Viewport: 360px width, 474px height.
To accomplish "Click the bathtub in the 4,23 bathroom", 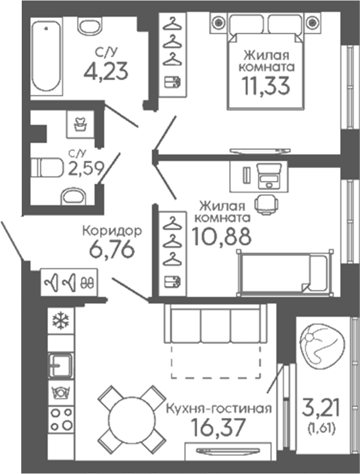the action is coord(47,57).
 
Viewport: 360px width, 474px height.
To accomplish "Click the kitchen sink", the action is coord(61,364).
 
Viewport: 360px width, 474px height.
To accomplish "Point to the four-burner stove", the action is coord(61,419).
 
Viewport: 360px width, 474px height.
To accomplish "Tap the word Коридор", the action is coord(112,231).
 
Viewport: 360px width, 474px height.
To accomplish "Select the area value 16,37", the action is coord(218,427).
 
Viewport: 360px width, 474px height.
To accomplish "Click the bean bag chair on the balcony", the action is coord(321,347).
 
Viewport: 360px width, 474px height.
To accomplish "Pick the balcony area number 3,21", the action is coord(321,407).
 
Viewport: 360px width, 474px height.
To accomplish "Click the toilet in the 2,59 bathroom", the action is coord(47,167).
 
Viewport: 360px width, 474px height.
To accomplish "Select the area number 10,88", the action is coord(221,236).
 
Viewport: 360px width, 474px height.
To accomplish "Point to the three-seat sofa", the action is coord(216,323).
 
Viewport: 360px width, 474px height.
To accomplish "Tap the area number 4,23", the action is coord(106,71).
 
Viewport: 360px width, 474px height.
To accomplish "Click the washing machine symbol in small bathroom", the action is coord(80,124).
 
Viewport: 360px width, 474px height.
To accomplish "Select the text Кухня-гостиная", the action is coord(219,409).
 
